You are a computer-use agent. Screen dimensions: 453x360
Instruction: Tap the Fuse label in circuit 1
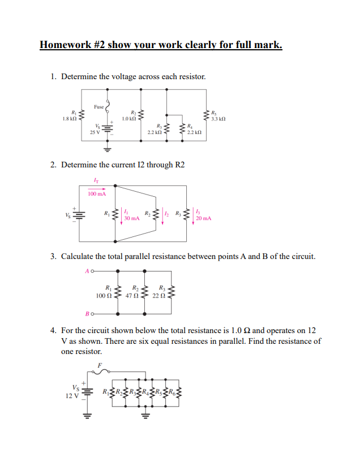99,106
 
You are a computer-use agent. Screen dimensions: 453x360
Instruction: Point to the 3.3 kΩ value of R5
218,119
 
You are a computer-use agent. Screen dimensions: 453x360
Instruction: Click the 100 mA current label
97,193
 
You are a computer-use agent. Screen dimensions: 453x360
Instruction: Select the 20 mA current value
204,218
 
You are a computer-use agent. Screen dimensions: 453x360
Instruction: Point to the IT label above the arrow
95,180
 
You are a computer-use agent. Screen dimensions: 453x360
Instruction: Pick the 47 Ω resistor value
132,295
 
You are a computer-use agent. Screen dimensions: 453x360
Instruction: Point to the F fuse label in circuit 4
99,365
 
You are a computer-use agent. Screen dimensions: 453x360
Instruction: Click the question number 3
53,257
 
